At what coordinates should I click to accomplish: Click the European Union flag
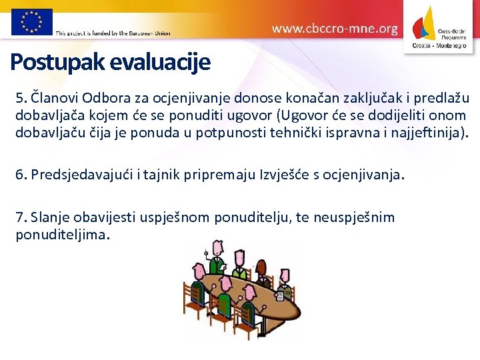[31, 21]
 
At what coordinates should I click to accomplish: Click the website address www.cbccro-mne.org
[335, 29]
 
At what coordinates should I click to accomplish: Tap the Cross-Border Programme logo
[441, 27]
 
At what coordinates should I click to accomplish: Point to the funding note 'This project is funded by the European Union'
[113, 33]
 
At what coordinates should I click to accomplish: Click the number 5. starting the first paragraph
[21, 99]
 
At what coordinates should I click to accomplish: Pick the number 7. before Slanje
[21, 217]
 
